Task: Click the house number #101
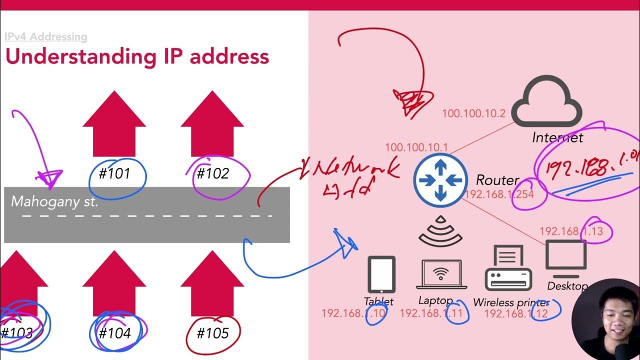coord(115,173)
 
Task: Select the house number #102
coord(212,173)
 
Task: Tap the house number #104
coord(114,332)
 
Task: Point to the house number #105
coord(212,332)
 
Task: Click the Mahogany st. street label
coord(54,202)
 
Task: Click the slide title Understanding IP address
coord(137,56)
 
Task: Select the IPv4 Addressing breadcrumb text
coord(46,36)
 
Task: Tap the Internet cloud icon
coord(546,102)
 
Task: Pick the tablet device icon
coord(381,274)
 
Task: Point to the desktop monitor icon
coord(566,258)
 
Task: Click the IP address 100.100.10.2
coord(474,114)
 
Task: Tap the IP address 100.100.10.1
coord(416,147)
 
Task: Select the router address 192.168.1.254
coord(499,194)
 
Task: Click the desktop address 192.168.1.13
coord(571,231)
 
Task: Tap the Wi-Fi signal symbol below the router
coord(440,232)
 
